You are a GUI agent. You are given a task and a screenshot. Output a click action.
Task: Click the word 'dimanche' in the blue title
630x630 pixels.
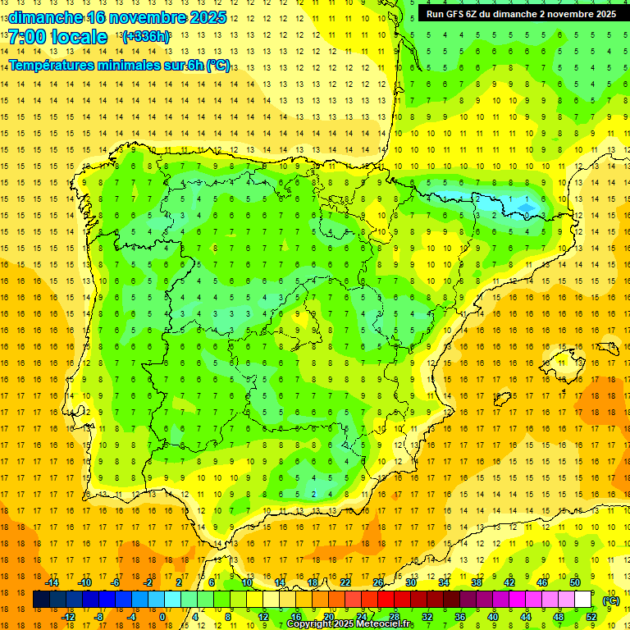pyautogui.click(x=46, y=17)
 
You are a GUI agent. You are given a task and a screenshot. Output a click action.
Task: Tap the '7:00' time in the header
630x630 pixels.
pyautogui.click(x=28, y=37)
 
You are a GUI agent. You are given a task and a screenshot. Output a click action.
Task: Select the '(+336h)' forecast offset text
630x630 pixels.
pyautogui.click(x=145, y=37)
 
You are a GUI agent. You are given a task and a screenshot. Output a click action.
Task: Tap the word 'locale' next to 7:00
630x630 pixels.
pyautogui.click(x=78, y=37)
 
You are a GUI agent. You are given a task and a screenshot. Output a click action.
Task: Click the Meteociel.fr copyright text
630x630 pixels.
pyautogui.click(x=349, y=624)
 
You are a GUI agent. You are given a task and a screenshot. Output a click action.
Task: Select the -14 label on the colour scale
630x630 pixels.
pyautogui.click(x=52, y=582)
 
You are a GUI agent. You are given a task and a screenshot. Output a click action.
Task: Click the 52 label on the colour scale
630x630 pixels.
pyautogui.click(x=591, y=617)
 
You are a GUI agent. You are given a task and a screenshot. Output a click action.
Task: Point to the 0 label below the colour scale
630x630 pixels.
pyautogui.click(x=162, y=617)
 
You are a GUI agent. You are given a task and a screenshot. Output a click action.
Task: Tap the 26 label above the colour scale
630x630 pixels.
pyautogui.click(x=378, y=582)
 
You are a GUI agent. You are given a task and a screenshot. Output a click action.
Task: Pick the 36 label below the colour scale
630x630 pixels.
pyautogui.click(x=459, y=617)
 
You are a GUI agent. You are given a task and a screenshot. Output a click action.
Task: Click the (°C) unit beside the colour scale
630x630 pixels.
pyautogui.click(x=611, y=600)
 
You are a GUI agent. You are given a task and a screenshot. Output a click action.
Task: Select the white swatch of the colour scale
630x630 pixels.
pyautogui.click(x=583, y=600)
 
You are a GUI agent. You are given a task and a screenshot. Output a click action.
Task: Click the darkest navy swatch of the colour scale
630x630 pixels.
pyautogui.click(x=42, y=600)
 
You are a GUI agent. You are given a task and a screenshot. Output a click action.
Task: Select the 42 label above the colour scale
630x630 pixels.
pyautogui.click(x=509, y=582)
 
